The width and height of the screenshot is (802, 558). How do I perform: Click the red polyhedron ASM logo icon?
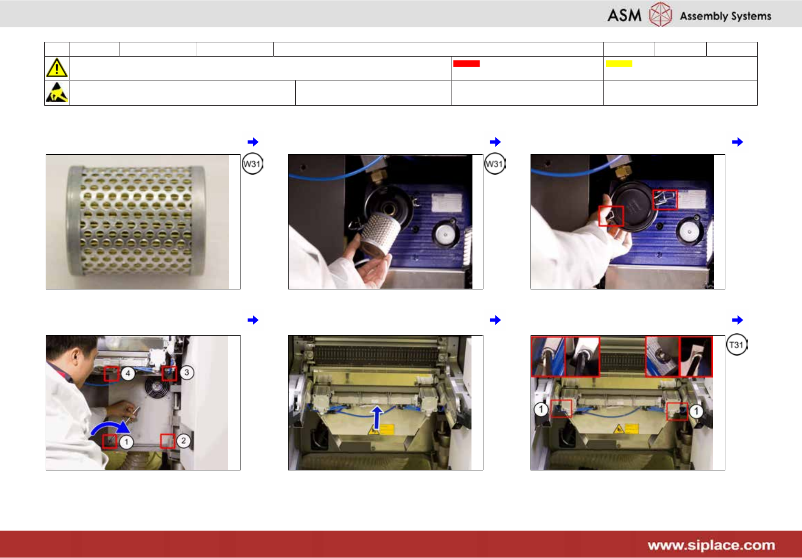click(660, 14)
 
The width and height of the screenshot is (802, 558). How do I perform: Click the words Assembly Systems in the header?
click(725, 16)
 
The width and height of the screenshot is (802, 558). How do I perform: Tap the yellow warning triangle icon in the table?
click(57, 68)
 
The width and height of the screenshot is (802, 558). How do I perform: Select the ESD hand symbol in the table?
click(57, 92)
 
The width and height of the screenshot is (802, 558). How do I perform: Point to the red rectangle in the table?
click(466, 63)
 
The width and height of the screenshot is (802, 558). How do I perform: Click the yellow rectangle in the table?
click(619, 63)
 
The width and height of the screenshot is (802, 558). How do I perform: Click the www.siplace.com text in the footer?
click(711, 545)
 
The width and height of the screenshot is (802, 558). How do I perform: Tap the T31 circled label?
click(736, 345)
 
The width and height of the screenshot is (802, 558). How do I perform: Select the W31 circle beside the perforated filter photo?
click(252, 164)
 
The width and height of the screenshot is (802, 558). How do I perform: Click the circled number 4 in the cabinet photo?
click(128, 373)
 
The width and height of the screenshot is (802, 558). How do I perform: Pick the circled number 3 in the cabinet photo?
click(187, 373)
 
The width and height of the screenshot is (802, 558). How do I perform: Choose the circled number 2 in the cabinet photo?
click(183, 440)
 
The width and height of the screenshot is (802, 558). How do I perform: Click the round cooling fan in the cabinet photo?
click(157, 388)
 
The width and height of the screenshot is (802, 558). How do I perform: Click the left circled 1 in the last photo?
click(541, 409)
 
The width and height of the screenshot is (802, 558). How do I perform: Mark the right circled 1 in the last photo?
click(696, 411)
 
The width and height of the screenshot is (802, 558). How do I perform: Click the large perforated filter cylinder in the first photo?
click(136, 221)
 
